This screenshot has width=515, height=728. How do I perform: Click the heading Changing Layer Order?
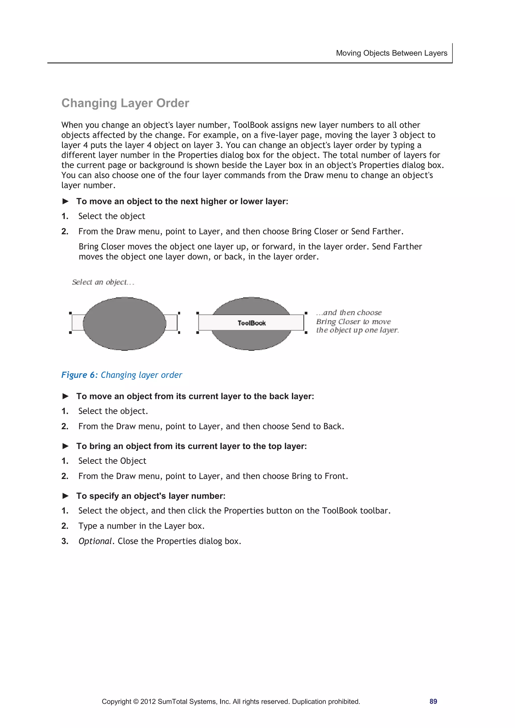(x=125, y=103)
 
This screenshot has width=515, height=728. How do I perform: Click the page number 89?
(x=433, y=701)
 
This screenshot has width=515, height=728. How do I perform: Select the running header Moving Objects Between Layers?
(x=391, y=53)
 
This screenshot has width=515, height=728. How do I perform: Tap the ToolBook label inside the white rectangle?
(x=251, y=323)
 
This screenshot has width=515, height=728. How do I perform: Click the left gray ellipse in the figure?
(x=124, y=323)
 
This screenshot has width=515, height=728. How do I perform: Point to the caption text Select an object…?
(x=103, y=282)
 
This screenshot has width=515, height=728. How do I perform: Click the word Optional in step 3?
(x=95, y=541)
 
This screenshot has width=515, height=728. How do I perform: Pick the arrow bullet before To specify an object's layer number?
(x=66, y=496)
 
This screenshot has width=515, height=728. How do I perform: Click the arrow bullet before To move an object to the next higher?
(x=66, y=201)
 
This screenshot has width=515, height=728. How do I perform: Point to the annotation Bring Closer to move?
(x=353, y=321)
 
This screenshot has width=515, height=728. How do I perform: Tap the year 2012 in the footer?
(x=148, y=701)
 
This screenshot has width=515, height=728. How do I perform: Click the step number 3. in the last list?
(x=65, y=541)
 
